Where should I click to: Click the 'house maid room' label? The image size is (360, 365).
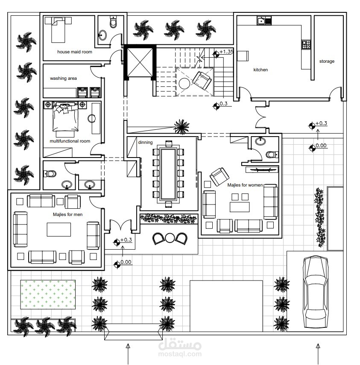tap(74, 52)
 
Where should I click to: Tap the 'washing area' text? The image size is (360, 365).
tap(63, 79)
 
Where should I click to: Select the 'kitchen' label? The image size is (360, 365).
tap(260, 70)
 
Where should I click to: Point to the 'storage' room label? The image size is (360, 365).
tap(327, 61)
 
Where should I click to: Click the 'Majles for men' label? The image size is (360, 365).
tap(67, 214)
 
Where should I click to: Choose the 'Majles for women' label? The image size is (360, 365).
tap(245, 185)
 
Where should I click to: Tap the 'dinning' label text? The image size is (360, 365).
tap(145, 142)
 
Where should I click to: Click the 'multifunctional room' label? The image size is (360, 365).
tap(70, 141)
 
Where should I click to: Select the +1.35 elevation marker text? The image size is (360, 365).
tap(226, 52)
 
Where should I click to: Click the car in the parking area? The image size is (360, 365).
tap(316, 292)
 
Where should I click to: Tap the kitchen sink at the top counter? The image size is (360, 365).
tap(261, 21)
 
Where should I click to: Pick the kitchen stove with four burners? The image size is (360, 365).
tap(306, 44)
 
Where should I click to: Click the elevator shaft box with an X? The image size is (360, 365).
tap(140, 62)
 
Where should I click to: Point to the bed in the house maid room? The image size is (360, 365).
tap(58, 29)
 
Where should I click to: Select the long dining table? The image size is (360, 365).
tap(168, 173)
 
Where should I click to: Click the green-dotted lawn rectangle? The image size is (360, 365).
tap(48, 295)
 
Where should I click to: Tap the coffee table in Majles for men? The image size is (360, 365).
tap(59, 230)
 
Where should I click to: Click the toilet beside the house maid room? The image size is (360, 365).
tap(113, 22)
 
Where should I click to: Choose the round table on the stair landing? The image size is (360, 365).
tap(184, 84)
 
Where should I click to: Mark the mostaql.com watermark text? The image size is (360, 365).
tap(180, 354)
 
